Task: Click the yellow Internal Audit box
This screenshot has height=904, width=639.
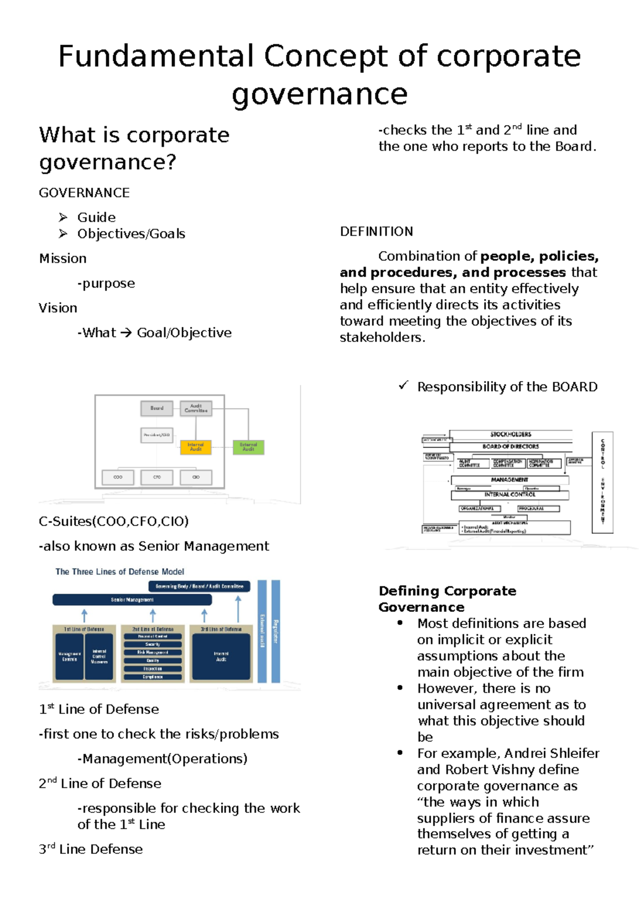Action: (x=195, y=447)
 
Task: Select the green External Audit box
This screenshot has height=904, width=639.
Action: (x=248, y=447)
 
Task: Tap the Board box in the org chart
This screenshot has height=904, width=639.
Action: (x=157, y=408)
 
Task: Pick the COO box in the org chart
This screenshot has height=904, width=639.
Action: (x=118, y=477)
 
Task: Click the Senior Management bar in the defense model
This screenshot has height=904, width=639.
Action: (x=132, y=600)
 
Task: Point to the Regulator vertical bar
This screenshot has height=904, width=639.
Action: (x=275, y=631)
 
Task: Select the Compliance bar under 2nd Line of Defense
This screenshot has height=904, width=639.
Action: (x=153, y=677)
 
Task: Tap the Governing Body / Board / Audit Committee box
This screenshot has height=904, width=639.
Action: (x=199, y=586)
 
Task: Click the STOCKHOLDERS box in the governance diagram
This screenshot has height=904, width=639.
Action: (x=510, y=434)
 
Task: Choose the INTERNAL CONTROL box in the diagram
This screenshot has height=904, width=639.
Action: (x=510, y=495)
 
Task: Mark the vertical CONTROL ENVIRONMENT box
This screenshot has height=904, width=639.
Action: (x=602, y=482)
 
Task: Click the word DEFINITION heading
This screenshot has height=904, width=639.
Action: (x=376, y=232)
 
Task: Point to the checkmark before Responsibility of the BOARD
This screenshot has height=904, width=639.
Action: (x=404, y=385)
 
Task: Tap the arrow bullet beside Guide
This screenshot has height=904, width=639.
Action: (x=63, y=217)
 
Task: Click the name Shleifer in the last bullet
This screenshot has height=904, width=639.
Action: (x=574, y=753)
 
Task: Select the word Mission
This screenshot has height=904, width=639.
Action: (x=63, y=259)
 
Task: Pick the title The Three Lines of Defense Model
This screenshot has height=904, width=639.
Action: (x=120, y=572)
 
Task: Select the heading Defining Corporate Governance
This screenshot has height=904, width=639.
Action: (x=447, y=599)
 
